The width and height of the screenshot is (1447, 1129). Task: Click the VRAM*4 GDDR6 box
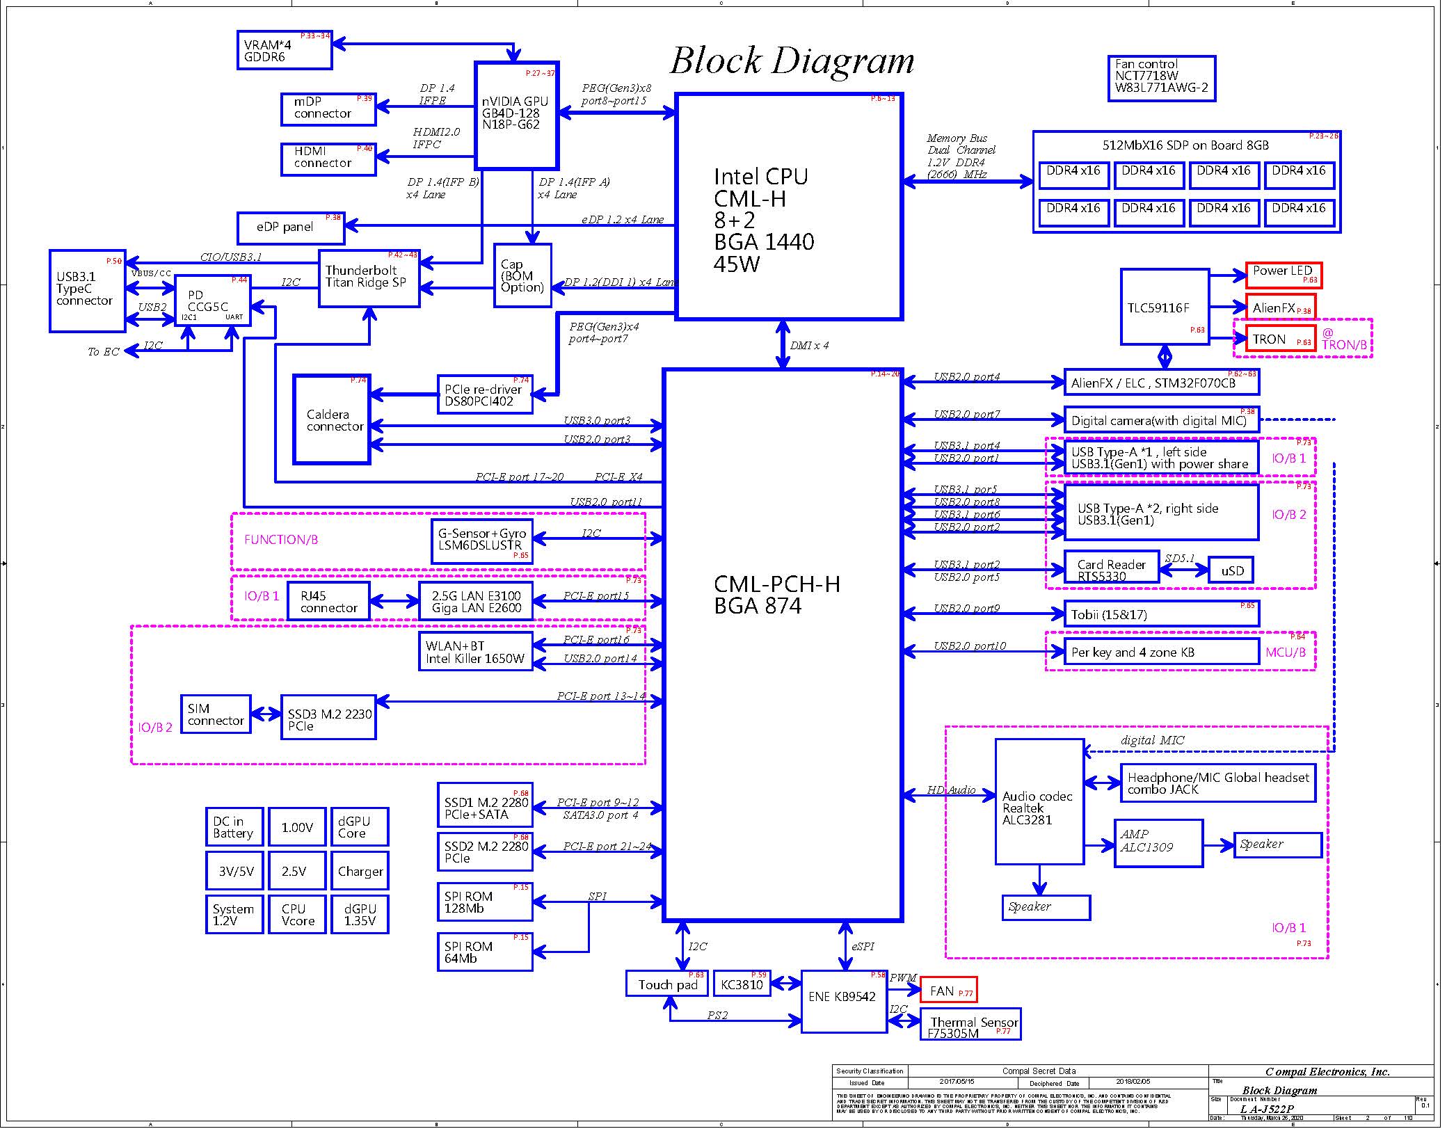pos(284,50)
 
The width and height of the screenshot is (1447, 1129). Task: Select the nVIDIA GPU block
pos(516,115)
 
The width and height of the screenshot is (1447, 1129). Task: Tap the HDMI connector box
pos(328,159)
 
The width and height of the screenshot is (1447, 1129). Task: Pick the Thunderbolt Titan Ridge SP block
pos(369,278)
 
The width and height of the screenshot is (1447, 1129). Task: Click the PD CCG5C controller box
pos(211,301)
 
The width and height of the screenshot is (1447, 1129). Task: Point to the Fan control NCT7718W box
pos(1161,79)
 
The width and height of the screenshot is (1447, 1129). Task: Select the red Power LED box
pos(1283,275)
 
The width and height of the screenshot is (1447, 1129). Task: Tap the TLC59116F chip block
pos(1165,307)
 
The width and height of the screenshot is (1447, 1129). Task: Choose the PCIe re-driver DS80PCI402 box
pos(484,394)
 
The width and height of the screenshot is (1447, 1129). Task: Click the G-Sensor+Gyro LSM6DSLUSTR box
pos(481,541)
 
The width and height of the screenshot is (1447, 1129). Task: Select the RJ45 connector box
pos(328,601)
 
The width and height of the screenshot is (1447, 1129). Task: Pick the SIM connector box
pos(215,714)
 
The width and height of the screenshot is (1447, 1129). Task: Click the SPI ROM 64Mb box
pos(484,951)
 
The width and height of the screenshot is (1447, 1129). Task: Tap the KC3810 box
pos(742,984)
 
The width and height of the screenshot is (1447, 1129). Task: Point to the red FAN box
pos(948,990)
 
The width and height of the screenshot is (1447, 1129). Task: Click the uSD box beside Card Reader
pos(1231,570)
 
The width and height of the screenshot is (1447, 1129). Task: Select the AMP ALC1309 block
pos(1158,842)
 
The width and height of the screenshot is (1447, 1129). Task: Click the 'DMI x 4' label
pos(809,345)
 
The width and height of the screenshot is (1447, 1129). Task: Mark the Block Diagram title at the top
pos(792,61)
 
